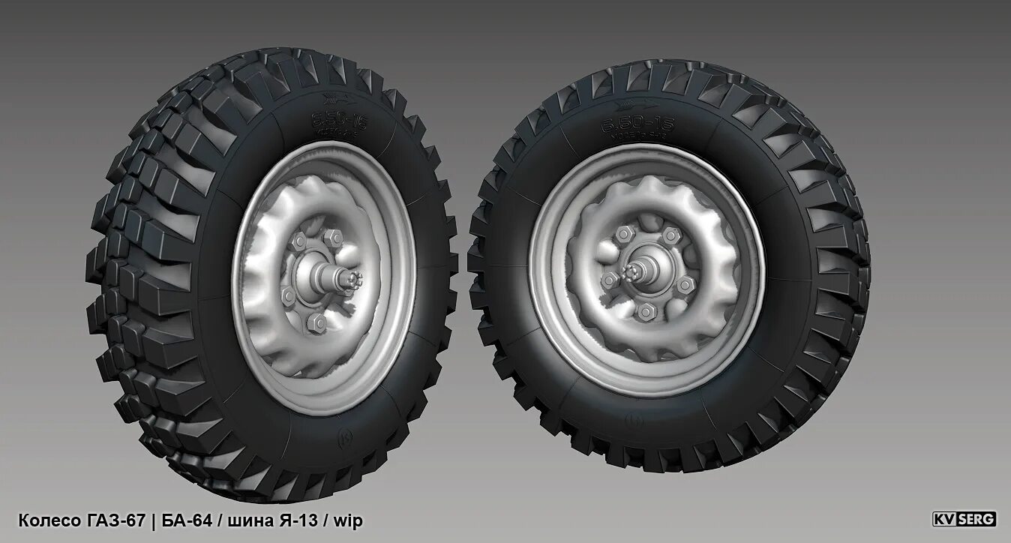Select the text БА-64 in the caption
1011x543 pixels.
[x=187, y=520]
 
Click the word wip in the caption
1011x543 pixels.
[x=348, y=520]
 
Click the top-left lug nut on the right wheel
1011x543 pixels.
[x=623, y=235]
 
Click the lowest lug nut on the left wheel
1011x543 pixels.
[x=316, y=322]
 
